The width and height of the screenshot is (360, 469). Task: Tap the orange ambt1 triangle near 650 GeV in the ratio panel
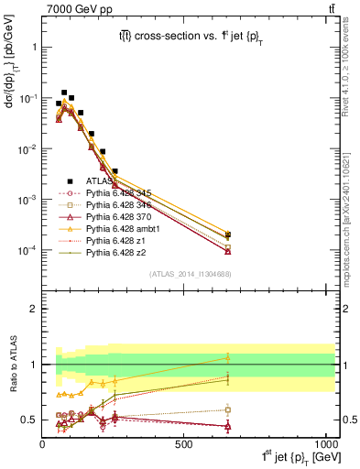click(228, 357)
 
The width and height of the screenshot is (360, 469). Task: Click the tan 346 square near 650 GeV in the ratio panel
click(228, 409)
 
